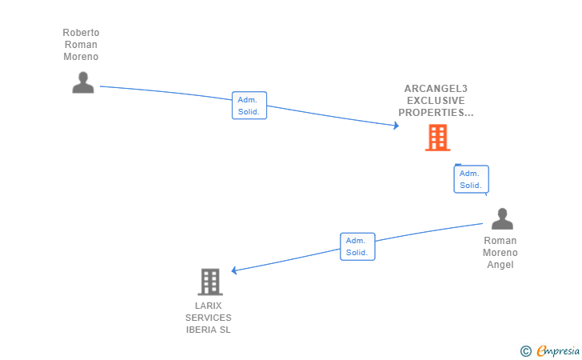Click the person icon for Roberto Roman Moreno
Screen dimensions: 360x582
click(x=83, y=82)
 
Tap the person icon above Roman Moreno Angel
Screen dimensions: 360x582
click(x=502, y=218)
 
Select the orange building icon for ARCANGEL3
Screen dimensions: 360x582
click(x=437, y=138)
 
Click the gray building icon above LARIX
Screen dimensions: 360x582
click(x=209, y=282)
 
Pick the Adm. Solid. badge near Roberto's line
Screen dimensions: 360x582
click(x=249, y=106)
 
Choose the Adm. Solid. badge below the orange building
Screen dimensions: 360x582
click(x=471, y=179)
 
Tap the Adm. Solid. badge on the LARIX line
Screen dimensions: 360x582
click(x=357, y=246)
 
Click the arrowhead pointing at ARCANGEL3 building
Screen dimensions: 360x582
click(x=395, y=126)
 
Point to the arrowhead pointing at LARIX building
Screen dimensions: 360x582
click(x=234, y=270)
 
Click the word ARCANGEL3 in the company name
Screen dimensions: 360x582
click(x=436, y=89)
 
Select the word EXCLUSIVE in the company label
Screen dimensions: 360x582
click(x=436, y=101)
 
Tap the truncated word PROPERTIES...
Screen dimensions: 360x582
click(x=436, y=113)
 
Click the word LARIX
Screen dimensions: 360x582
click(x=209, y=306)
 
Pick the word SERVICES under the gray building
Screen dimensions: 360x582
click(x=209, y=318)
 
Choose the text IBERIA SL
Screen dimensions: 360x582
click(x=209, y=330)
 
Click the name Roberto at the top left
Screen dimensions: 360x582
click(x=81, y=33)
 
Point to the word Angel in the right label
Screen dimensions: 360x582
click(x=500, y=265)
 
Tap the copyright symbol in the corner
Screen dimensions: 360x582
click(x=525, y=350)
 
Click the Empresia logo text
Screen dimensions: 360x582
click(x=558, y=350)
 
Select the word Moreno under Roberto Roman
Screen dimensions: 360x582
click(x=81, y=57)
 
